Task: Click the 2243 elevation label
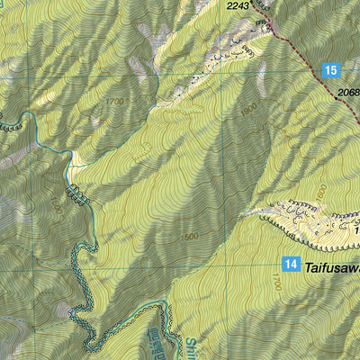238,6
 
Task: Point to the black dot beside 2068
337,99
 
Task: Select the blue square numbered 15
331,70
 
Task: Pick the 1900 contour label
248,111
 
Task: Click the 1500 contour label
188,237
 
